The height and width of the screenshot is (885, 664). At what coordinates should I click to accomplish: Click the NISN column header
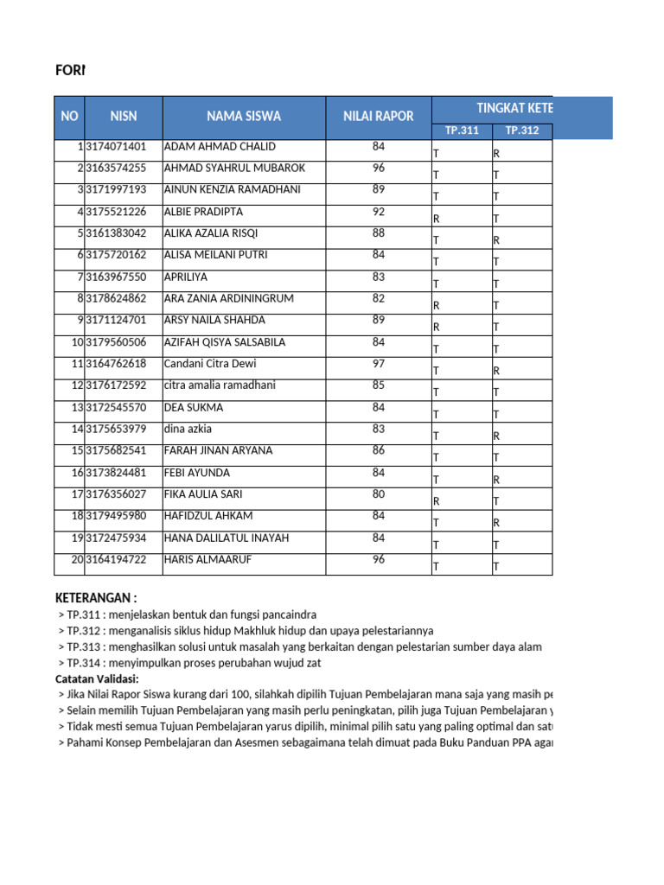124,117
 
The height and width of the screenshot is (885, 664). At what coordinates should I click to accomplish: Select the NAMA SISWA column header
244,117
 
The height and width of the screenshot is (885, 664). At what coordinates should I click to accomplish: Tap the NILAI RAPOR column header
378,117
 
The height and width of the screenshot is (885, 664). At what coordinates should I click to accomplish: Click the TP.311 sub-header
462,131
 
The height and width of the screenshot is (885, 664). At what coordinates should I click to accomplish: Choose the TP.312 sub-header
522,131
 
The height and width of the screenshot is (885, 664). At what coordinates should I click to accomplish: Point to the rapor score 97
378,364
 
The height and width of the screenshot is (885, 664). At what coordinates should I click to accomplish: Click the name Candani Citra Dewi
210,364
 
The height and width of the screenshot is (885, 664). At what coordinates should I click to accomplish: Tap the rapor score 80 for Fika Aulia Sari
378,494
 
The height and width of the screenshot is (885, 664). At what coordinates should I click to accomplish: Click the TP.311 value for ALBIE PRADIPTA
437,220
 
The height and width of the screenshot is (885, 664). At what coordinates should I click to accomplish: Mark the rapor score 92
378,212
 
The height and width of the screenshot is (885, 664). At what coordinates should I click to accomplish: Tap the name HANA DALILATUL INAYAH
226,538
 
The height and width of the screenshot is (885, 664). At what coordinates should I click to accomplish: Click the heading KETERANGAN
95,598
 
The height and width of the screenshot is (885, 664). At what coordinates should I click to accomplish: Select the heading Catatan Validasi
97,678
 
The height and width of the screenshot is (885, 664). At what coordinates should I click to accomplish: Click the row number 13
76,408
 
